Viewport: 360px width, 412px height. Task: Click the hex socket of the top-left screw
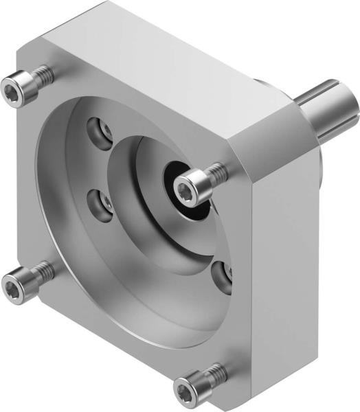click(x=12, y=89)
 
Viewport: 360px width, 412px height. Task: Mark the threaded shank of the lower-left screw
click(x=43, y=271)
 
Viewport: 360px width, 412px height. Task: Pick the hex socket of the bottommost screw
click(x=183, y=391)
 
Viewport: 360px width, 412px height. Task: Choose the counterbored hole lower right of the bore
click(x=223, y=274)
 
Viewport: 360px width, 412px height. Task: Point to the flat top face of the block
click(x=172, y=62)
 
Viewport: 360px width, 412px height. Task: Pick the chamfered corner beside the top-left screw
click(x=31, y=55)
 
